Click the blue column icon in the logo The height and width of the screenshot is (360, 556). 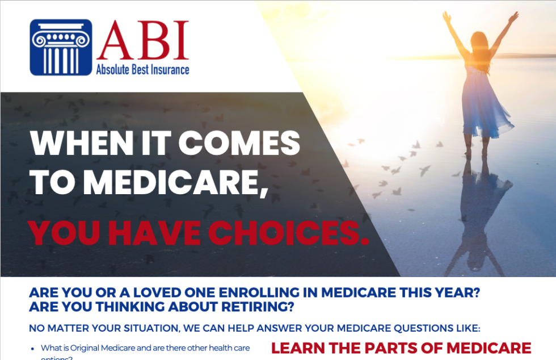(61, 48)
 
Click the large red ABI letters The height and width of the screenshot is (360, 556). (142, 41)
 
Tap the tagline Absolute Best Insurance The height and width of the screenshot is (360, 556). (142, 70)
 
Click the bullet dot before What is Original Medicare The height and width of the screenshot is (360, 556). (33, 348)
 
